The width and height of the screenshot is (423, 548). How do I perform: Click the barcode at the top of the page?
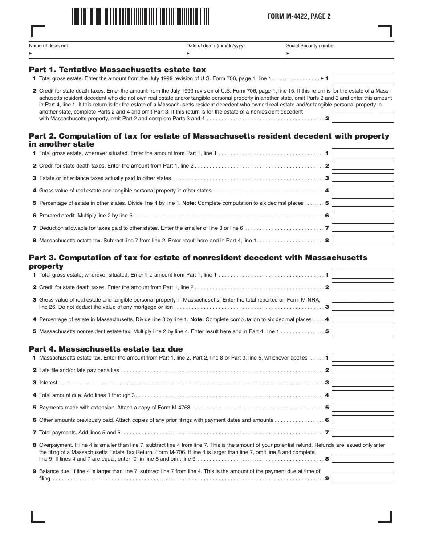click(140, 16)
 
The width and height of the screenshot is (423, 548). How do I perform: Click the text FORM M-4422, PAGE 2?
click(299, 16)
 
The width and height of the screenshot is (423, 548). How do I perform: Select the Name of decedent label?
click(49, 45)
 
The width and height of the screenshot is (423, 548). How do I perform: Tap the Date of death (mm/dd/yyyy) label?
click(216, 45)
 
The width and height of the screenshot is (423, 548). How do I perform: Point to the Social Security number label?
click(310, 45)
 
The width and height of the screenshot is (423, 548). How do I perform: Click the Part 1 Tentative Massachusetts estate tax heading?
click(118, 70)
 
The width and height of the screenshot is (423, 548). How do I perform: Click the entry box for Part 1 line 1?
click(363, 78)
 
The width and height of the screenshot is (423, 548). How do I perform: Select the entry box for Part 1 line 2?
click(363, 118)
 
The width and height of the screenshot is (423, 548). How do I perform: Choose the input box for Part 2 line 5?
click(363, 203)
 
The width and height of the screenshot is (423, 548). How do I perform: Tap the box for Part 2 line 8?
click(363, 240)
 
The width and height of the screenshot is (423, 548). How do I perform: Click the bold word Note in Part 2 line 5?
click(189, 203)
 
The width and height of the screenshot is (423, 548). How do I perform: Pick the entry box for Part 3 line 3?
click(363, 307)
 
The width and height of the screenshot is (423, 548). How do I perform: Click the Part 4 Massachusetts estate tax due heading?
click(106, 349)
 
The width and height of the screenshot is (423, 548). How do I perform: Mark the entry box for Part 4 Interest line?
click(363, 382)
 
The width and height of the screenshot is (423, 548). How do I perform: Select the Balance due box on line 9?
click(363, 478)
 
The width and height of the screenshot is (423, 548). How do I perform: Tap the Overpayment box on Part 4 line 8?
click(363, 458)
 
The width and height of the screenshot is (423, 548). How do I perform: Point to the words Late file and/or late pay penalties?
click(79, 370)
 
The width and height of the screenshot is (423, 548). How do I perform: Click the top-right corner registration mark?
click(386, 31)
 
